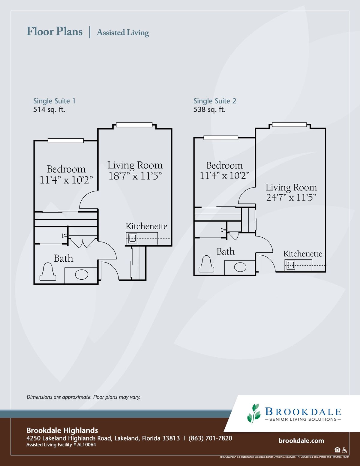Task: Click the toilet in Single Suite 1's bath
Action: pyautogui.click(x=48, y=272)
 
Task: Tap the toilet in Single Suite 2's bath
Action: pyautogui.click(x=206, y=264)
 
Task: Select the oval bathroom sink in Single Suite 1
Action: pyautogui.click(x=82, y=275)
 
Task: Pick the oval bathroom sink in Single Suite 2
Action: pyautogui.click(x=240, y=267)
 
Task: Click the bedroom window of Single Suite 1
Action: pyautogui.click(x=66, y=141)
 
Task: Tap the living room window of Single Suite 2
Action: pyautogui.click(x=289, y=125)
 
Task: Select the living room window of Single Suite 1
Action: pyautogui.click(x=134, y=125)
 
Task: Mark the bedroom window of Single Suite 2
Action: pyautogui.click(x=221, y=138)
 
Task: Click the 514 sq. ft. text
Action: pyautogui.click(x=49, y=110)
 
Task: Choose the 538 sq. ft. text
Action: pyautogui.click(x=209, y=110)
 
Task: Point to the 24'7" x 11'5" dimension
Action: pyautogui.click(x=291, y=197)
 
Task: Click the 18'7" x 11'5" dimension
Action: pyautogui.click(x=135, y=176)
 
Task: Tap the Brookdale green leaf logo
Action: pyautogui.click(x=254, y=414)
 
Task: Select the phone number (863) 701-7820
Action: pyautogui.click(x=210, y=438)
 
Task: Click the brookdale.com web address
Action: pyautogui.click(x=301, y=441)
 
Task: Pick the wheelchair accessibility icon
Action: pyautogui.click(x=345, y=450)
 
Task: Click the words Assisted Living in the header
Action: pyautogui.click(x=123, y=33)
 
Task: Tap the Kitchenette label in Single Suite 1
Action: pyautogui.click(x=146, y=226)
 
